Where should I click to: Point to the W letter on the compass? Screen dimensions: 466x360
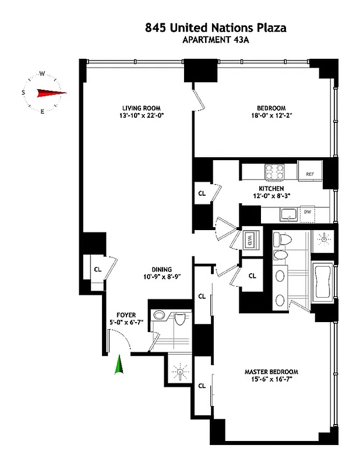pyautogui.click(x=42, y=74)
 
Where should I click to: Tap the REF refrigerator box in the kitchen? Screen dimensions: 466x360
pyautogui.click(x=309, y=173)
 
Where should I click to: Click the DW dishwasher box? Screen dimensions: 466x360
pyautogui.click(x=307, y=212)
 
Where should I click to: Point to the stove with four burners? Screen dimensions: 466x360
pyautogui.click(x=274, y=171)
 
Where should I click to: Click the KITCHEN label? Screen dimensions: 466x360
pyautogui.click(x=271, y=189)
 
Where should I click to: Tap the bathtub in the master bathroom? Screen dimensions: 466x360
pyautogui.click(x=322, y=284)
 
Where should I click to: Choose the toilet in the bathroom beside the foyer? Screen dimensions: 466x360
pyautogui.click(x=179, y=319)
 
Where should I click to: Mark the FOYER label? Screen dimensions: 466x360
pyautogui.click(x=126, y=315)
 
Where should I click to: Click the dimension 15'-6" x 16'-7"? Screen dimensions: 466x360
pyautogui.click(x=271, y=380)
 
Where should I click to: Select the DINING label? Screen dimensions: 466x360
pyautogui.click(x=162, y=269)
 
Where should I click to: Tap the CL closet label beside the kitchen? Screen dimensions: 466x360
pyautogui.click(x=202, y=193)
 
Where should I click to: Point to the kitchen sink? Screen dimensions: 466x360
pyautogui.click(x=287, y=214)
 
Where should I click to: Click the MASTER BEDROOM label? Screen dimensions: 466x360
pyautogui.click(x=271, y=372)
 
